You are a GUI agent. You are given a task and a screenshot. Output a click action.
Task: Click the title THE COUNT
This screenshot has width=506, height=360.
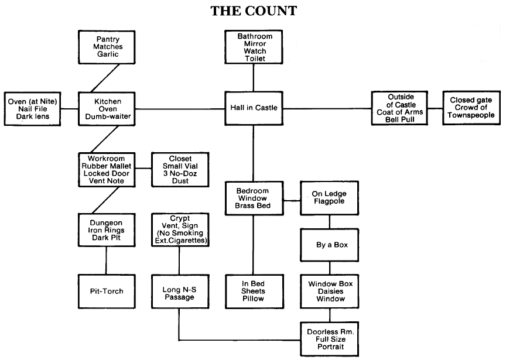pyautogui.click(x=253, y=11)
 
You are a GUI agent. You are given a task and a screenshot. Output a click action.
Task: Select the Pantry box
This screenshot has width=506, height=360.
pyautogui.click(x=107, y=47)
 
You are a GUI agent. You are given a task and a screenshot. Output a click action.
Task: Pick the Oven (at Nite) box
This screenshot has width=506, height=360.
pyautogui.click(x=33, y=108)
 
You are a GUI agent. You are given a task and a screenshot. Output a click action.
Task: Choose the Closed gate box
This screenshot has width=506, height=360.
pyautogui.click(x=471, y=108)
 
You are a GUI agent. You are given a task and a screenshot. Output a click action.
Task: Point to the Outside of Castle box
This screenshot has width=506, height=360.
pyautogui.click(x=398, y=108)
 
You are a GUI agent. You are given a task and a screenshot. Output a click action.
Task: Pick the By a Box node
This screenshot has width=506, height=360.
pyautogui.click(x=329, y=245)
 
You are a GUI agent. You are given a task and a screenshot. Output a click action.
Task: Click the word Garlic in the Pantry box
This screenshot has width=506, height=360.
pyautogui.click(x=107, y=55)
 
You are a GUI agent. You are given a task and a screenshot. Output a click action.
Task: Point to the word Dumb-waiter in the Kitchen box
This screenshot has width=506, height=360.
pyautogui.click(x=107, y=117)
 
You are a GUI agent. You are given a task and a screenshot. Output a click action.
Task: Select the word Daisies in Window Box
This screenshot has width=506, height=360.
pyautogui.click(x=329, y=292)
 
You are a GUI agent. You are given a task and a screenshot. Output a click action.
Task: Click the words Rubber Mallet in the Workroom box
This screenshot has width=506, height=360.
pyautogui.click(x=107, y=165)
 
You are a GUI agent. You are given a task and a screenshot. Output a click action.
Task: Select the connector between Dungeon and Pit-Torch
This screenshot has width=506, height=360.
pyautogui.click(x=107, y=260)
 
